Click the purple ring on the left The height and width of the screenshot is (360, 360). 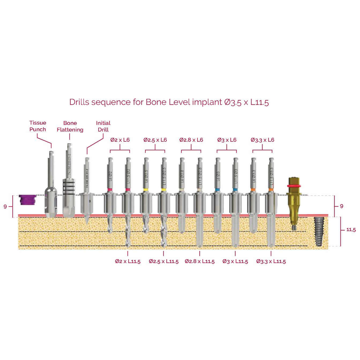coord(27,200)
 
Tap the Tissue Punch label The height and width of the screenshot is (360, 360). coord(38,126)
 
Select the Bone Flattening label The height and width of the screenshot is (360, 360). coord(70,126)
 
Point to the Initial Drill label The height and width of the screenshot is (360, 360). coord(103,126)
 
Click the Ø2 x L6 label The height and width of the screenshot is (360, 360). coord(120,140)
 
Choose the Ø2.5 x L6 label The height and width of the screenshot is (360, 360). coord(155,140)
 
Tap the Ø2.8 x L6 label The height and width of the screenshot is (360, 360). coord(191,140)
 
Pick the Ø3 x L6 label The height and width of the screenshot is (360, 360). coord(227,140)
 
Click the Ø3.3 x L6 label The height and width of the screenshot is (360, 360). coord(262,140)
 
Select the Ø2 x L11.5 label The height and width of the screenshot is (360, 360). coord(128,261)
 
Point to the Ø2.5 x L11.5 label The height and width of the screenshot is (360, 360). coord(164,261)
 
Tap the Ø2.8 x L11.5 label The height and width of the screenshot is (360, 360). coord(200,261)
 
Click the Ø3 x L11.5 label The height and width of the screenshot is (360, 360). coord(235,261)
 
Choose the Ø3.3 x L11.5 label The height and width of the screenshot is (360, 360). coord(271,261)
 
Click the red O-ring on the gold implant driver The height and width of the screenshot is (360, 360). coord(294,186)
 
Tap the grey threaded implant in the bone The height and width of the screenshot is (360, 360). coord(319,231)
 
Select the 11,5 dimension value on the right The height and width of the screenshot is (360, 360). coord(351,230)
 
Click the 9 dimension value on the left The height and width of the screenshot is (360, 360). coord(5,207)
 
